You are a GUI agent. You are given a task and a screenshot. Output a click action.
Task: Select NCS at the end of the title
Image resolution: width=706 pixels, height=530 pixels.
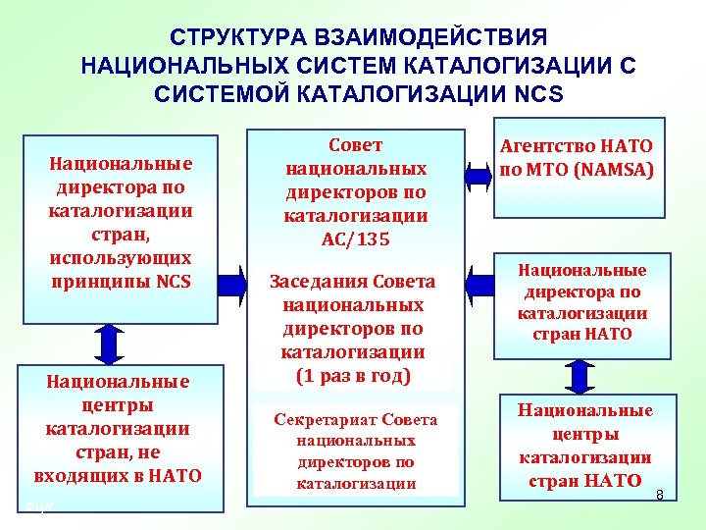pyautogui.click(x=537, y=95)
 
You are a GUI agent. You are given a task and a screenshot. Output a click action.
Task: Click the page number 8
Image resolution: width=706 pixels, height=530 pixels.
pyautogui.click(x=660, y=495)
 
